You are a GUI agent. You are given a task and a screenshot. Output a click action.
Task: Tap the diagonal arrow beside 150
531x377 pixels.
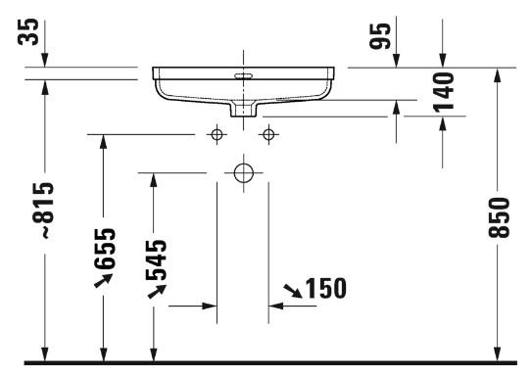pos(292,290)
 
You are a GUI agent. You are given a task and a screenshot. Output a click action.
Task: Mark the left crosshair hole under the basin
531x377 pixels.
pos(217,134)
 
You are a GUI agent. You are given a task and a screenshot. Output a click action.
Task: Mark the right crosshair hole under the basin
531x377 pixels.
pos(266,134)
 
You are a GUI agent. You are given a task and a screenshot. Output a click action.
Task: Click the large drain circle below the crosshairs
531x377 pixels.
pos(243,173)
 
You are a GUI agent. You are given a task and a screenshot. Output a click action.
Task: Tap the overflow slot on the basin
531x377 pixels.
pos(242,74)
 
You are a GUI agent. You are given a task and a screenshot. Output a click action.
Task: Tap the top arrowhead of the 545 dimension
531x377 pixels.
pos(154,180)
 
